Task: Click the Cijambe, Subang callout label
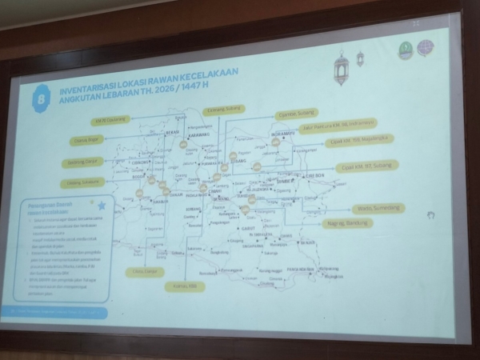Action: pyautogui.click(x=224, y=110)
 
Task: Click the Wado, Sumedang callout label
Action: pyautogui.click(x=378, y=209)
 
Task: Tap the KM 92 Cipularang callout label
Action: pyautogui.click(x=110, y=120)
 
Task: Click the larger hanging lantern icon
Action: pyautogui.click(x=342, y=70)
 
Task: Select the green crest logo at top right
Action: pyautogui.click(x=405, y=50)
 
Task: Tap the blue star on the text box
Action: pyautogui.click(x=101, y=206)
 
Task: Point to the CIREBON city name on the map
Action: pyautogui.click(x=312, y=175)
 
